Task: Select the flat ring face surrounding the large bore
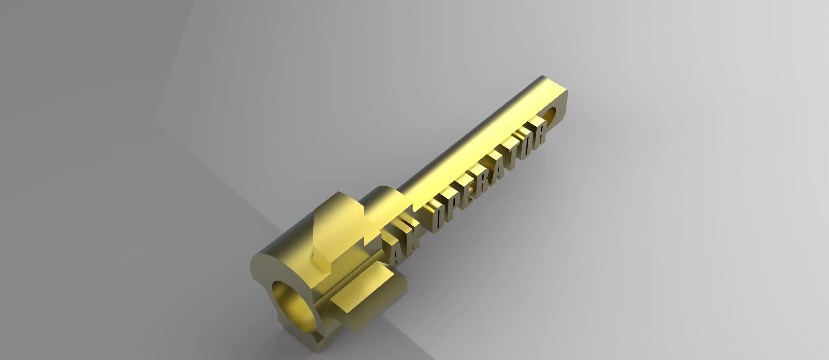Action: click(x=262, y=283)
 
